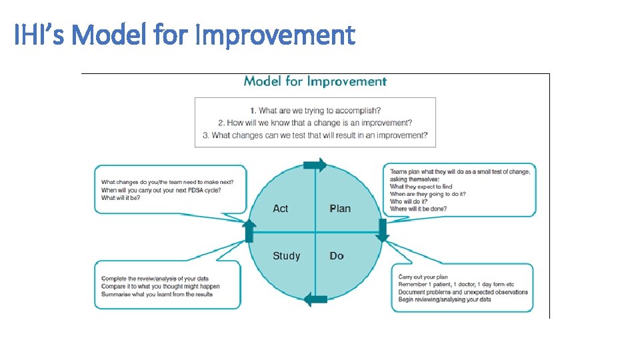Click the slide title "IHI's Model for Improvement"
tap(185, 35)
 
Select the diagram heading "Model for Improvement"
tap(315, 81)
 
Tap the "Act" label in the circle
tap(281, 209)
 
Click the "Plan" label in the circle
tap(340, 209)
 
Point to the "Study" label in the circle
tap(286, 256)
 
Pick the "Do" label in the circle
tap(337, 256)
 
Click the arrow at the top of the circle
tap(315, 165)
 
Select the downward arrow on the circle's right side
tap(383, 230)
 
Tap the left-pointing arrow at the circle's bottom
tap(315, 299)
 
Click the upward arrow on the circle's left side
tap(249, 231)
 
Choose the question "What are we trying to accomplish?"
tap(315, 111)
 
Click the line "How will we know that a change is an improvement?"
tap(315, 123)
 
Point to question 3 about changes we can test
tap(315, 135)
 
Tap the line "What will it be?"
tap(121, 198)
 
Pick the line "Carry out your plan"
tap(423, 277)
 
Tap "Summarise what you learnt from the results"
tap(157, 294)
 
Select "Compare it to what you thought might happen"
tap(160, 286)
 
